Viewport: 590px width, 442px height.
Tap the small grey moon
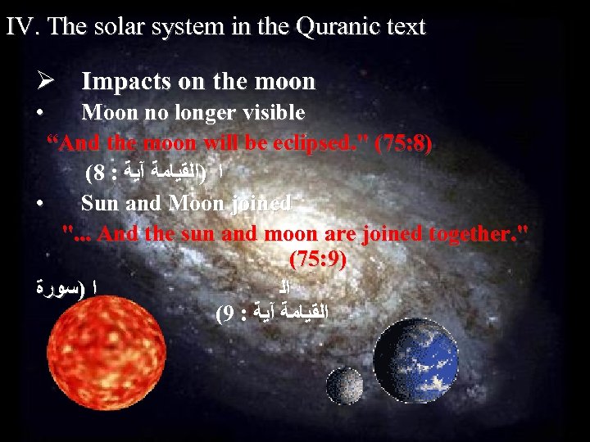click(x=345, y=385)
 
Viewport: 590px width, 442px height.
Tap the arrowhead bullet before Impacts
click(x=45, y=81)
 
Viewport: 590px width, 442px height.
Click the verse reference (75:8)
click(x=402, y=143)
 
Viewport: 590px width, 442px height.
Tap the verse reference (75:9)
click(x=318, y=260)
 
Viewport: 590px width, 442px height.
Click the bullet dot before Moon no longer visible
click(x=40, y=112)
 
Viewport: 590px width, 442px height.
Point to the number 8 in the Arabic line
click(x=98, y=173)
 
